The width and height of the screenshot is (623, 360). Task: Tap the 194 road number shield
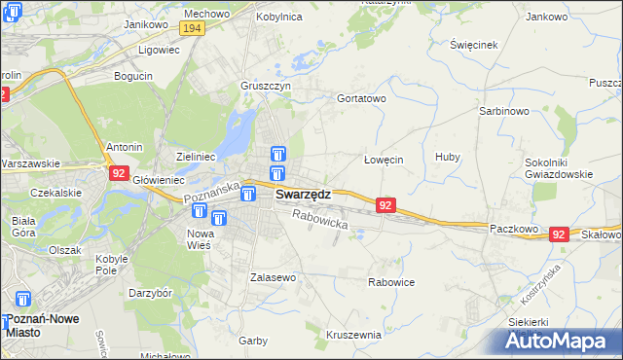click(194, 31)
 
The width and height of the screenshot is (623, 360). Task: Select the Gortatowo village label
click(361, 98)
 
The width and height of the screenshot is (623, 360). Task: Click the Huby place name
click(448, 157)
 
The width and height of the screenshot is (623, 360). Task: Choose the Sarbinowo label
click(503, 111)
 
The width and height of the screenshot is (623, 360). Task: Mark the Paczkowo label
click(514, 227)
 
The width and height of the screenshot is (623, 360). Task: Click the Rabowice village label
click(391, 282)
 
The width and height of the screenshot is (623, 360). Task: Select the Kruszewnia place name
click(353, 334)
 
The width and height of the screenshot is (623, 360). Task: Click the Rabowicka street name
click(319, 221)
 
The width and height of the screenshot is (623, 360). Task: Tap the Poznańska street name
click(212, 192)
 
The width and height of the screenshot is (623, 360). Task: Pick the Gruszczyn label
click(266, 85)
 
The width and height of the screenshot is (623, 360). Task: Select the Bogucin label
click(132, 75)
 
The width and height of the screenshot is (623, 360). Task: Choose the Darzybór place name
click(151, 292)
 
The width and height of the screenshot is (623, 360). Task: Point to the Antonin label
click(125, 147)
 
